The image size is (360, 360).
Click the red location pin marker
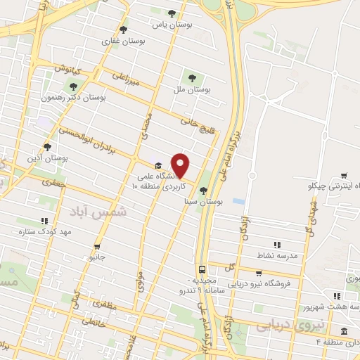click(181, 165)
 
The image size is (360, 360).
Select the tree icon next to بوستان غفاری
click(124, 30)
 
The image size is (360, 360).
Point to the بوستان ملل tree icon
click(190, 77)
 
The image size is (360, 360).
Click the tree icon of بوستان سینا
click(203, 190)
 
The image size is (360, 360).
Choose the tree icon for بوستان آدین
click(46, 147)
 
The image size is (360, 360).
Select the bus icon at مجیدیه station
click(202, 269)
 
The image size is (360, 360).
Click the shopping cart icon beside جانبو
click(97, 247)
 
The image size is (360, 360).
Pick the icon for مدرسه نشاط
click(277, 245)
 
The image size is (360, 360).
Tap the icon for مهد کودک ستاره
click(44, 219)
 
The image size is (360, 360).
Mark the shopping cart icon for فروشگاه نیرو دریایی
click(259, 273)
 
